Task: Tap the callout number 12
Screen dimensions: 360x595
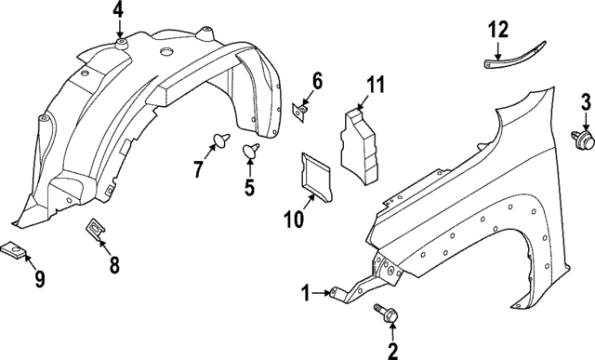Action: point(497,30)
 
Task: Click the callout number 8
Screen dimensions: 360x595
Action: point(114,266)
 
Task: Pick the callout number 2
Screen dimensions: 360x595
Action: point(391,350)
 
